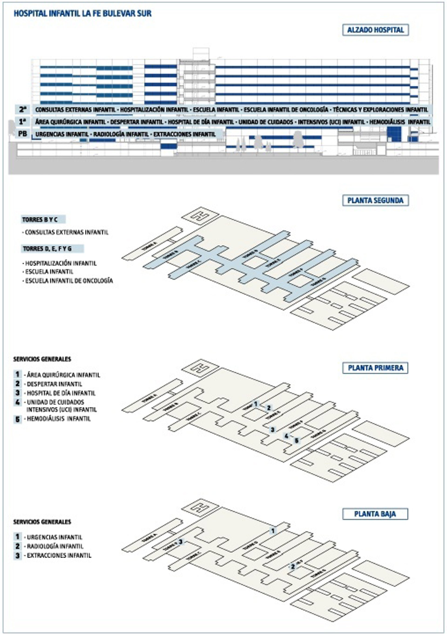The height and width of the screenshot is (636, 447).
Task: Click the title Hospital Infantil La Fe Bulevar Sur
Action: coord(83,13)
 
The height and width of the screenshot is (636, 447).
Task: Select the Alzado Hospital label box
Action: coord(375,30)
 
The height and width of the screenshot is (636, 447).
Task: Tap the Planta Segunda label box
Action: coord(375,200)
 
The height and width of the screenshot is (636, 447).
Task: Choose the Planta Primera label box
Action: coord(375,368)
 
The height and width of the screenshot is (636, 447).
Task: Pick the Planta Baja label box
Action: coord(375,514)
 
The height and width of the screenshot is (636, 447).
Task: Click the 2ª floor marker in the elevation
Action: coord(23,109)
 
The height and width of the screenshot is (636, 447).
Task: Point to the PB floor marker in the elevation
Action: coord(22,134)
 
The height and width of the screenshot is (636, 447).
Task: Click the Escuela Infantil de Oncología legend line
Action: coord(69,281)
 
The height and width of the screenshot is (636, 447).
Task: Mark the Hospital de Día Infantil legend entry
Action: coord(61,393)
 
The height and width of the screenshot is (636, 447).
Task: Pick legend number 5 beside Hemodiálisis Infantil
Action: coord(17,419)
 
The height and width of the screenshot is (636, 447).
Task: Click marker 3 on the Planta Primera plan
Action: coord(273,430)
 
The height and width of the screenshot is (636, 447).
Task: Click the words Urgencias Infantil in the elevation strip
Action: coord(62,134)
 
